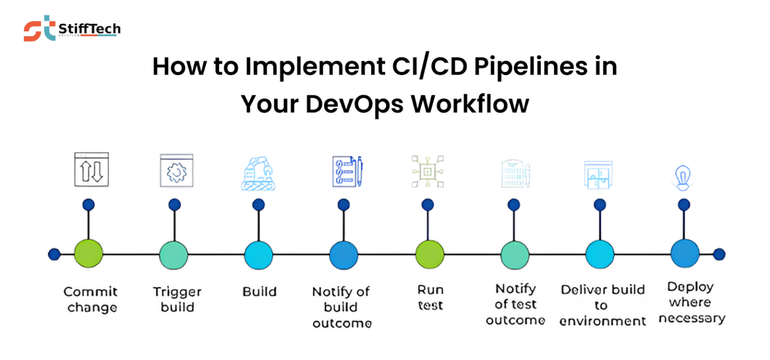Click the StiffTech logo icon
coord(39,28)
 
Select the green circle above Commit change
coord(88,254)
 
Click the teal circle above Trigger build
coord(173,255)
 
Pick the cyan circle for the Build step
coord(258,255)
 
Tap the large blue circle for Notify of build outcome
coord(343,255)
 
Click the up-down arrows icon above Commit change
coord(91,170)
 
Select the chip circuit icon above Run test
coord(427,172)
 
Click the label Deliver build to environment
coord(602,305)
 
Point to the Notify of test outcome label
coord(515,304)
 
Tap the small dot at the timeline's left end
coord(54,254)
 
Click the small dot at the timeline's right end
coord(719,254)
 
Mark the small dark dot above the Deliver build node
coord(600,204)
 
